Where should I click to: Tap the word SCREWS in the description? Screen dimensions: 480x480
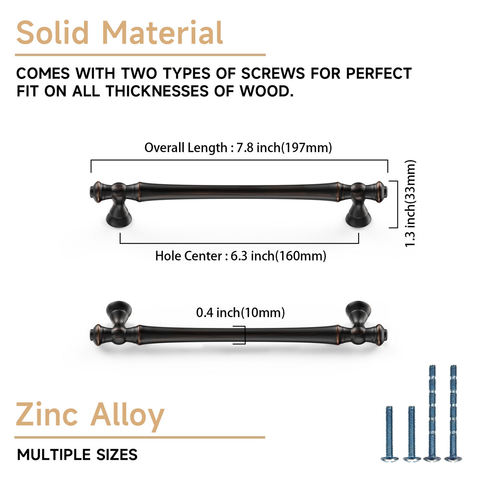273,73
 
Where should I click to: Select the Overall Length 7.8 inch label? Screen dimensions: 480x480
238,147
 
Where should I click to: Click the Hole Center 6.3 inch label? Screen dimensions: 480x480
240,256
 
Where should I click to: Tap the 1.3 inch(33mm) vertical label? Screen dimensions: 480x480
410,203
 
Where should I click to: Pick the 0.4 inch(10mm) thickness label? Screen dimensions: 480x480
240,313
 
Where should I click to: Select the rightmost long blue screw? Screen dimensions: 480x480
453,412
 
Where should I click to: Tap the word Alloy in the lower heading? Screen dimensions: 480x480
128,415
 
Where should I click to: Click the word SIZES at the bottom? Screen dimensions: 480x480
117,455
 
